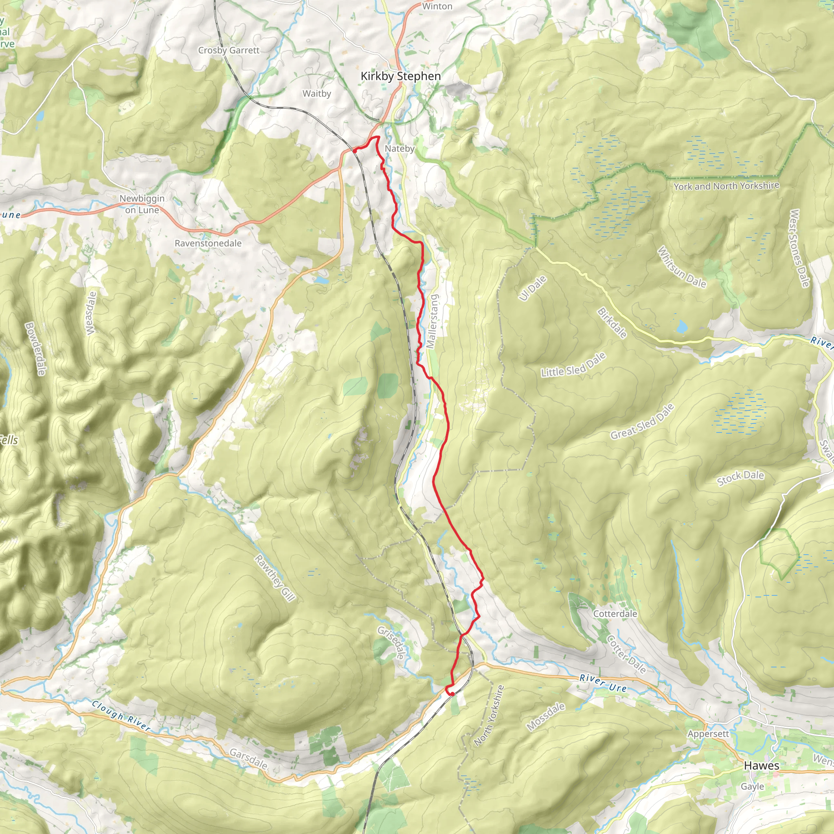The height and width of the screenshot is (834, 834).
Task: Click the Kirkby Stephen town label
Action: (401, 77)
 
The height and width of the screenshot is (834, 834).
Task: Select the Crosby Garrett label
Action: (229, 50)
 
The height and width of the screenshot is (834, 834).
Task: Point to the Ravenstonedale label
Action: (208, 244)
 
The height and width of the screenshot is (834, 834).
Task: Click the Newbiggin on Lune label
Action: (142, 204)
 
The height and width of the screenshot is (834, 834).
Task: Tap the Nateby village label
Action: (399, 149)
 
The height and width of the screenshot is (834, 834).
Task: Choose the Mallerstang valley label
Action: (432, 321)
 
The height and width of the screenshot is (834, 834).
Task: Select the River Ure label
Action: (603, 683)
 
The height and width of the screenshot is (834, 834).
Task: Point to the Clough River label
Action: (121, 716)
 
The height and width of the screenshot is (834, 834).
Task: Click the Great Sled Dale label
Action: (642, 421)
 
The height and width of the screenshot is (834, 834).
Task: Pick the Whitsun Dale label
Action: (682, 268)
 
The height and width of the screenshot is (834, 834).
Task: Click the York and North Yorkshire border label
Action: (726, 186)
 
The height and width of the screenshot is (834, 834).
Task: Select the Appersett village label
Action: (708, 734)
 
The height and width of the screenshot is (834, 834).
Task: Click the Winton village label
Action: (437, 7)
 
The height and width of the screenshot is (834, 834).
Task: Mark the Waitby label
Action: (316, 94)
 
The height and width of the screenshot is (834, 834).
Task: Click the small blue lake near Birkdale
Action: (682, 326)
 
